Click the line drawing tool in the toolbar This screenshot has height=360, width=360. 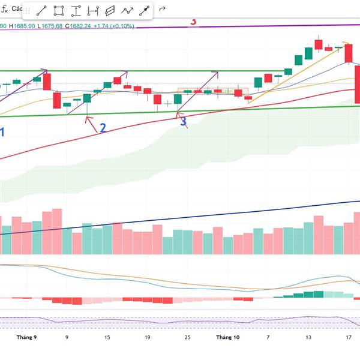[x=42, y=10]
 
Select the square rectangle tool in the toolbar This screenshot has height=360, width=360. [x=59, y=10]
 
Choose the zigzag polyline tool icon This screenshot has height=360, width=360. [x=128, y=10]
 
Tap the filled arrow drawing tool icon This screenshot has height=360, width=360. [x=145, y=10]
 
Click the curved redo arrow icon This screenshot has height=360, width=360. [x=163, y=10]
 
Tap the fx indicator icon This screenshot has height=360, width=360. [x=4, y=9]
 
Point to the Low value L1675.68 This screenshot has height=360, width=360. [x=50, y=26]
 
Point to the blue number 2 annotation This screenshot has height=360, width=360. [x=103, y=128]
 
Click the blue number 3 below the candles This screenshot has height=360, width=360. [x=184, y=122]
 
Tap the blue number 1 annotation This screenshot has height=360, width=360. [x=2, y=132]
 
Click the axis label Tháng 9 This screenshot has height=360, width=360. [x=27, y=337]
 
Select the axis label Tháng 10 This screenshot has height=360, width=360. [x=227, y=337]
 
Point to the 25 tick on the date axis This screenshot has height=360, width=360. [x=187, y=337]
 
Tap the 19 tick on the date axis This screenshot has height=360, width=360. [x=147, y=337]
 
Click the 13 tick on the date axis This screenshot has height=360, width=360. [x=308, y=337]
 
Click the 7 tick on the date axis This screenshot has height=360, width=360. [x=268, y=337]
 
